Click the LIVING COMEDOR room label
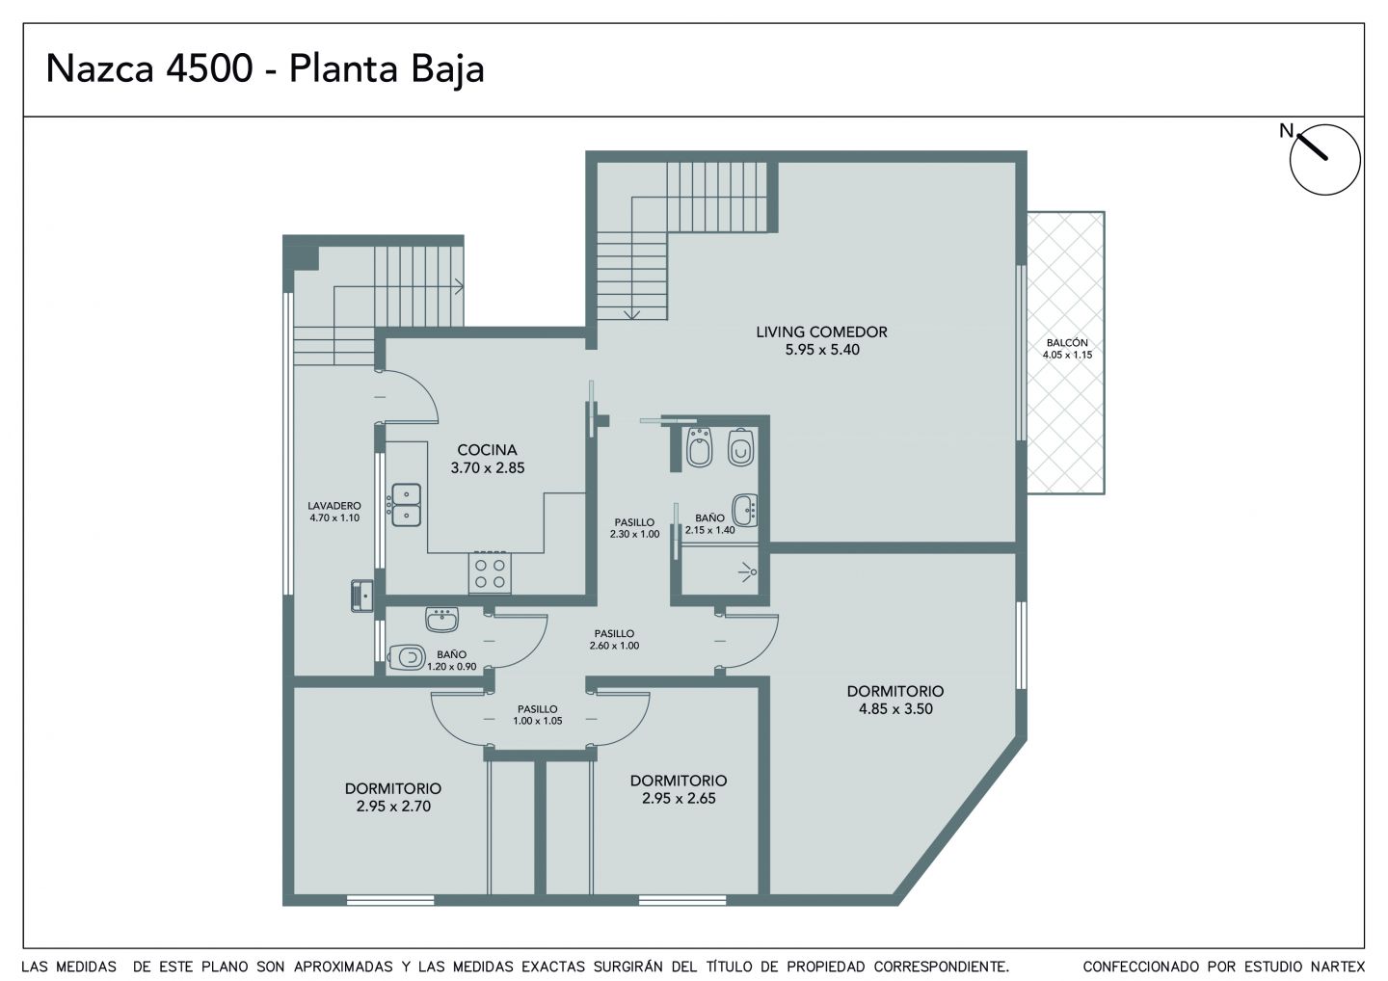[821, 331]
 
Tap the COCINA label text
[487, 450]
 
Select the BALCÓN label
[1067, 342]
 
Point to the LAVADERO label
[334, 506]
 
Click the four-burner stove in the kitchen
[490, 572]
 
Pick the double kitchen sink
[406, 505]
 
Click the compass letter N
[1287, 131]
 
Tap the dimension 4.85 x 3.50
[895, 709]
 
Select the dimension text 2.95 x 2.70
[393, 807]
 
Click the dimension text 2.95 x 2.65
[679, 798]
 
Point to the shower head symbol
[749, 572]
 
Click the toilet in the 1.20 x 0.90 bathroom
[407, 657]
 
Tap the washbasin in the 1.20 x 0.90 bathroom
[441, 620]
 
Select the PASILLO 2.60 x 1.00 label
[614, 639]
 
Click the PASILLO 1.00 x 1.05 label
[537, 715]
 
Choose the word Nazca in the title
[100, 68]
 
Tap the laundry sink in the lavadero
[362, 596]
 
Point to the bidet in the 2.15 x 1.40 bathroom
[700, 447]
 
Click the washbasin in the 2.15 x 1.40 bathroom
[745, 511]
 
